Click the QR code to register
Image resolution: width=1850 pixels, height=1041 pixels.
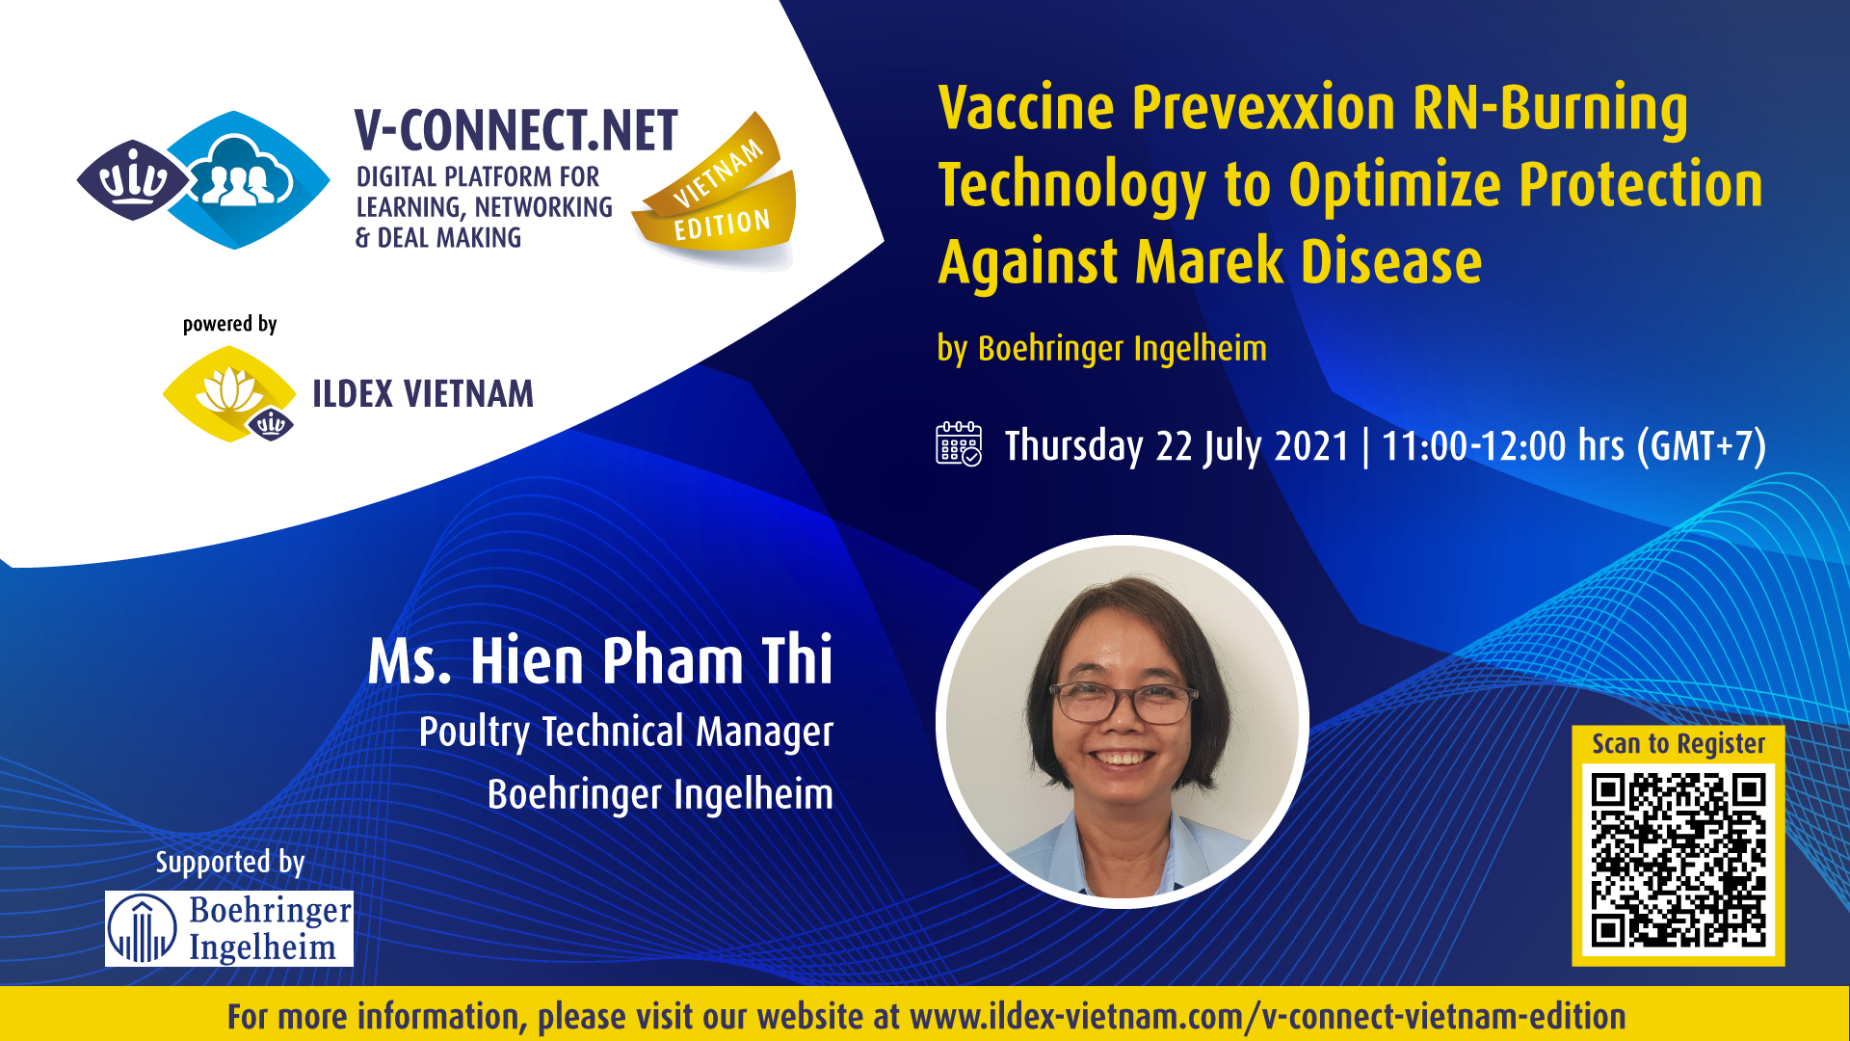(1678, 861)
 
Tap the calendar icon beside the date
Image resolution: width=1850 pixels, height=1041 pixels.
(959, 444)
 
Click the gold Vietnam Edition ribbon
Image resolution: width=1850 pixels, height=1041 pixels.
(718, 189)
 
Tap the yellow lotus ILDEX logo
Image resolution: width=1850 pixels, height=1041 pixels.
(229, 394)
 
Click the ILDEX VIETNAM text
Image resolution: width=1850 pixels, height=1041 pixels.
(422, 394)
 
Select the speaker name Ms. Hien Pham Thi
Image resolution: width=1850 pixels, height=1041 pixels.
(600, 661)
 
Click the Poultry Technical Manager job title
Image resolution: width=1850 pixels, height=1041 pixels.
(626, 733)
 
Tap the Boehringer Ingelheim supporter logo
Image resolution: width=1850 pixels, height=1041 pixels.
(229, 928)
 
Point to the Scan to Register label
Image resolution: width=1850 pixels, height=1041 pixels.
(1678, 744)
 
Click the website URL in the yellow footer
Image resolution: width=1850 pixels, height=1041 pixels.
(1267, 1017)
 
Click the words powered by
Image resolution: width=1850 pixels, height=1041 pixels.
(230, 324)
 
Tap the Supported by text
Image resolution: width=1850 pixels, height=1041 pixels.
(230, 862)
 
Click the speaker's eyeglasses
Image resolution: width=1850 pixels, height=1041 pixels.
(1123, 703)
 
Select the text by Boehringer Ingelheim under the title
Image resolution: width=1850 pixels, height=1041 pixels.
(1102, 349)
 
